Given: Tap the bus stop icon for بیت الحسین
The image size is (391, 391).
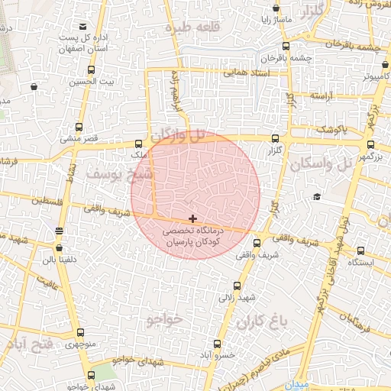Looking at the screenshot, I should pos(92,69).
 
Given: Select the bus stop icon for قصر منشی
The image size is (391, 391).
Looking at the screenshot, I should pos(79,128).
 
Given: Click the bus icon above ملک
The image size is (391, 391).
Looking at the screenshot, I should pos(138,143).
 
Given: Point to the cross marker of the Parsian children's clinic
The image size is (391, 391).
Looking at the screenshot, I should pos(192,219).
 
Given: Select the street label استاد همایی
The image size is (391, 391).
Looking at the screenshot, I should pos(247,74).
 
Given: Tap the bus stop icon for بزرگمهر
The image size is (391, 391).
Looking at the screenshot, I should pos(371,144).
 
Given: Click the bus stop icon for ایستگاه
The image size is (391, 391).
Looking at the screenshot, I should pos(360,250).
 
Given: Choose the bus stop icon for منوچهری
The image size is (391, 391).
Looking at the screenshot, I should pos(81,333).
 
